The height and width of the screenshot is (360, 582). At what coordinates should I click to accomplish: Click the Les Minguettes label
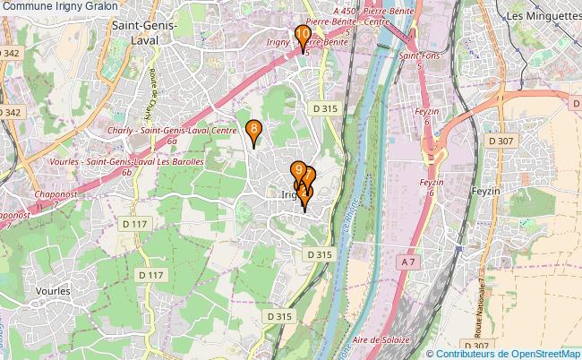click(x=543, y=16)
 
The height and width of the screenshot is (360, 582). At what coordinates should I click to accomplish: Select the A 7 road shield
click(x=408, y=261)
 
